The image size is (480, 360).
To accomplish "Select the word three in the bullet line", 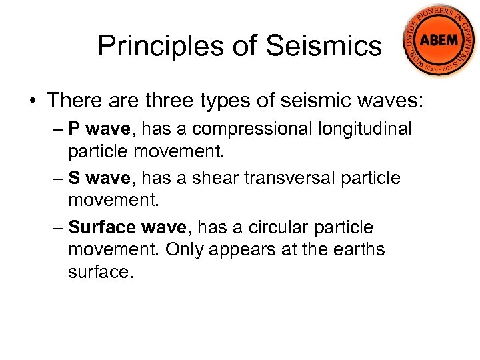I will point(169,101).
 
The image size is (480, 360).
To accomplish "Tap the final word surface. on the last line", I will point(101,272).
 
